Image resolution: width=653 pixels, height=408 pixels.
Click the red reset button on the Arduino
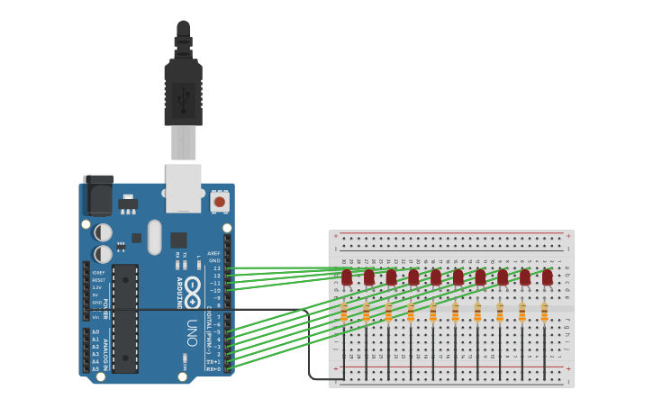(x=219, y=202)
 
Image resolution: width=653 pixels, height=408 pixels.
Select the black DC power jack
(x=98, y=195)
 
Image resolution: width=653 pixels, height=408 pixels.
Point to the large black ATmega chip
(x=125, y=318)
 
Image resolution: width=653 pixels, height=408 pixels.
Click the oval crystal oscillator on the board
(x=155, y=237)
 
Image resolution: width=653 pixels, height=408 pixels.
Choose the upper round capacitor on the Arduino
(x=104, y=233)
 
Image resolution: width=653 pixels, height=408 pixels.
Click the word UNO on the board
(x=192, y=331)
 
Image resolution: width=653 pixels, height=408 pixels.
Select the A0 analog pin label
(x=95, y=332)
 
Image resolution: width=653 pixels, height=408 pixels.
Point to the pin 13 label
(x=216, y=268)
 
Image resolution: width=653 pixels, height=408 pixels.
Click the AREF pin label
(x=213, y=253)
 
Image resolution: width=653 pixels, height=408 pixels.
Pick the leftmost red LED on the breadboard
(x=347, y=277)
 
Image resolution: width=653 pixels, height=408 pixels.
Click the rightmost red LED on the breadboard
(x=547, y=277)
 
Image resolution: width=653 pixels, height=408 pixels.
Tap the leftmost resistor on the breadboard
(x=344, y=313)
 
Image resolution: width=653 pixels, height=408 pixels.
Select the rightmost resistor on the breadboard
(x=544, y=313)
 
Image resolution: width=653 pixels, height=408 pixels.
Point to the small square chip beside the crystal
(x=178, y=240)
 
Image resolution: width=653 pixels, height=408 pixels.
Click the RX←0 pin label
(x=213, y=368)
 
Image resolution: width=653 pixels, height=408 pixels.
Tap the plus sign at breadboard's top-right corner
(x=567, y=235)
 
